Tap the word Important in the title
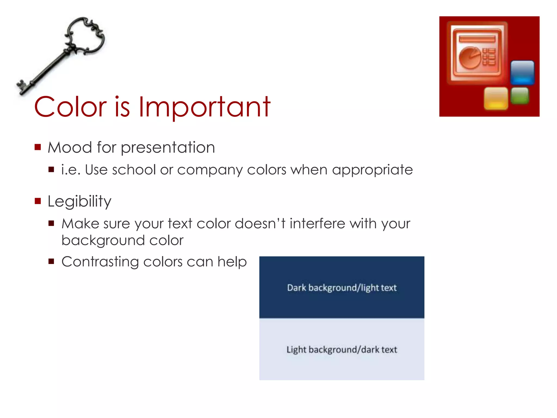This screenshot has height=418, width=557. tap(204, 107)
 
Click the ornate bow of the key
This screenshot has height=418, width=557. tap(86, 37)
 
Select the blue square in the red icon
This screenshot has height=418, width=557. tap(522, 72)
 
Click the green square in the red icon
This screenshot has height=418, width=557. tap(520, 96)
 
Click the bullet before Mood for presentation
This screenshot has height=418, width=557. tap(38, 147)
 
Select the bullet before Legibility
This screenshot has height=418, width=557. tap(38, 201)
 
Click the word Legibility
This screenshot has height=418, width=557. tap(79, 202)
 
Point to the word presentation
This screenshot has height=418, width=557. tap(168, 148)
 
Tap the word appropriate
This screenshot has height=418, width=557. tap(372, 170)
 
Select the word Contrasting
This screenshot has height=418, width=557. tap(100, 262)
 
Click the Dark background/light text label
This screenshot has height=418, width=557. tap(342, 288)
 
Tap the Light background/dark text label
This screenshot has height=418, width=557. tap(342, 349)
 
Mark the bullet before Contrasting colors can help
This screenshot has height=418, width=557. tap(51, 262)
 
